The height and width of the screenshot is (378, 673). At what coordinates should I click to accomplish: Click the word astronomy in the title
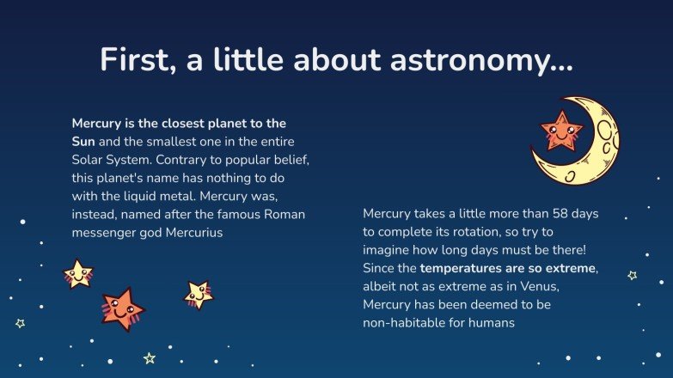[481, 61]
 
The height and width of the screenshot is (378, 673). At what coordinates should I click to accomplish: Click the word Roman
[284, 214]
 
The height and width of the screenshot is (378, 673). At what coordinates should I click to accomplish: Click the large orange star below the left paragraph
[122, 308]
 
